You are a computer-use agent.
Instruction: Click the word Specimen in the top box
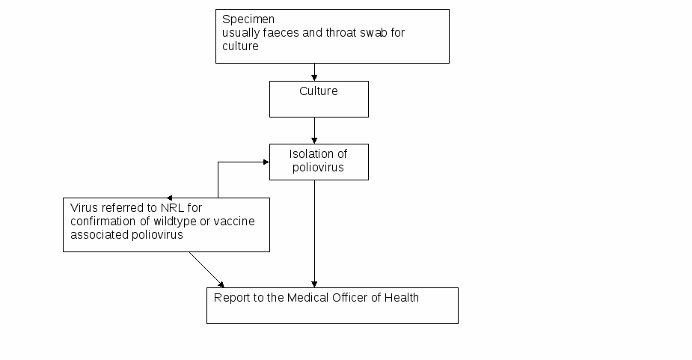coord(248,20)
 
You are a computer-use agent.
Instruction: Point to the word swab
coord(373,33)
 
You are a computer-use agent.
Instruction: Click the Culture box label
coord(319,91)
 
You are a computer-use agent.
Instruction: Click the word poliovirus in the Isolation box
coord(318,168)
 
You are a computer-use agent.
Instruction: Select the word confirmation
coord(103,222)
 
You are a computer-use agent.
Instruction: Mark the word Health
coord(402,298)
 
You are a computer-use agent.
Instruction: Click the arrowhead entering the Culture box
coord(314,78)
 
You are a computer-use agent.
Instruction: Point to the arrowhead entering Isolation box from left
coord(266,162)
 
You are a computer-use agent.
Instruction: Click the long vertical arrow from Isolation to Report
coord(314,234)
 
